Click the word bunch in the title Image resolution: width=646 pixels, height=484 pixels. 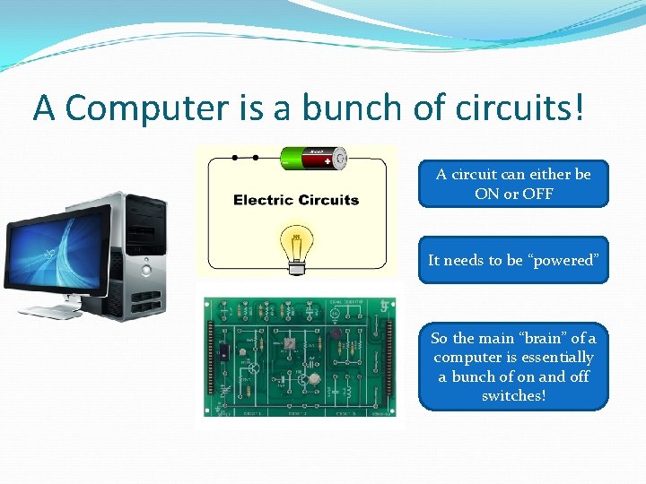point(351,108)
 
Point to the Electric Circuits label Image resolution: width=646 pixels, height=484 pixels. point(296,200)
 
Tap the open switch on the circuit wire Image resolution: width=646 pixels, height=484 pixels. point(245,158)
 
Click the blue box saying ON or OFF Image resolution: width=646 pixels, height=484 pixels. point(513,184)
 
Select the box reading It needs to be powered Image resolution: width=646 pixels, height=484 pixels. point(513,260)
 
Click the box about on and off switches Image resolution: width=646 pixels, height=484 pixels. point(513,367)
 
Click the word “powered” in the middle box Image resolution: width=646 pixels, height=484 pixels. point(563,260)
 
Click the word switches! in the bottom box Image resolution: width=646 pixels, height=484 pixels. point(513,395)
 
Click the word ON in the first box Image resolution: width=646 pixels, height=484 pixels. point(485,194)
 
